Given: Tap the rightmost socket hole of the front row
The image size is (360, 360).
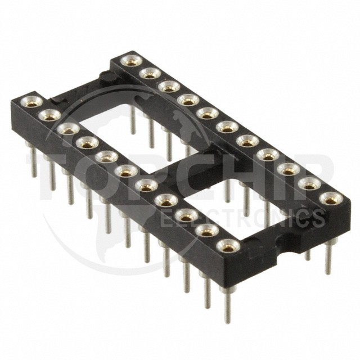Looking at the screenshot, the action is pyautogui.click(x=228, y=246).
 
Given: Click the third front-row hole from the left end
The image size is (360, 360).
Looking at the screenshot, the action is pyautogui.click(x=68, y=129).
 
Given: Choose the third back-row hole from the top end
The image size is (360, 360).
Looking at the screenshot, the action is pyautogui.click(x=169, y=87).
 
